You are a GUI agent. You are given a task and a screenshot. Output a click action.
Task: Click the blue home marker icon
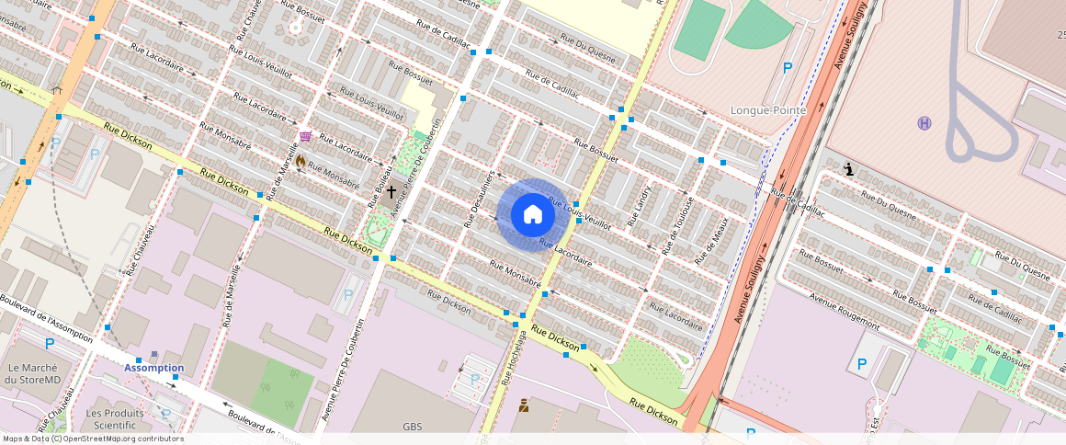point(532,214)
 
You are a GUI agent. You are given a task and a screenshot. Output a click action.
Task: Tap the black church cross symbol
point(391,191)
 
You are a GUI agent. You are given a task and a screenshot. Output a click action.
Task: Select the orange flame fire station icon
point(300,160)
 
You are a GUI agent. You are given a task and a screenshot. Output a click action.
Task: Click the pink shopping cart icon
point(304,136)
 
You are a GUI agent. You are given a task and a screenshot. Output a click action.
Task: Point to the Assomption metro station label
point(153,368)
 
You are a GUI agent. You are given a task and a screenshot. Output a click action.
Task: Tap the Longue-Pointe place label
point(767,110)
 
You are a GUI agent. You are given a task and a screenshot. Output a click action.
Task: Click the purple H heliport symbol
point(924,123)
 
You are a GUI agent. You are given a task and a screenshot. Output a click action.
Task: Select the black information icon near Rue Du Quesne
point(847,169)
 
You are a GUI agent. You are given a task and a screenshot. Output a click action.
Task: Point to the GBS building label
point(412,428)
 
